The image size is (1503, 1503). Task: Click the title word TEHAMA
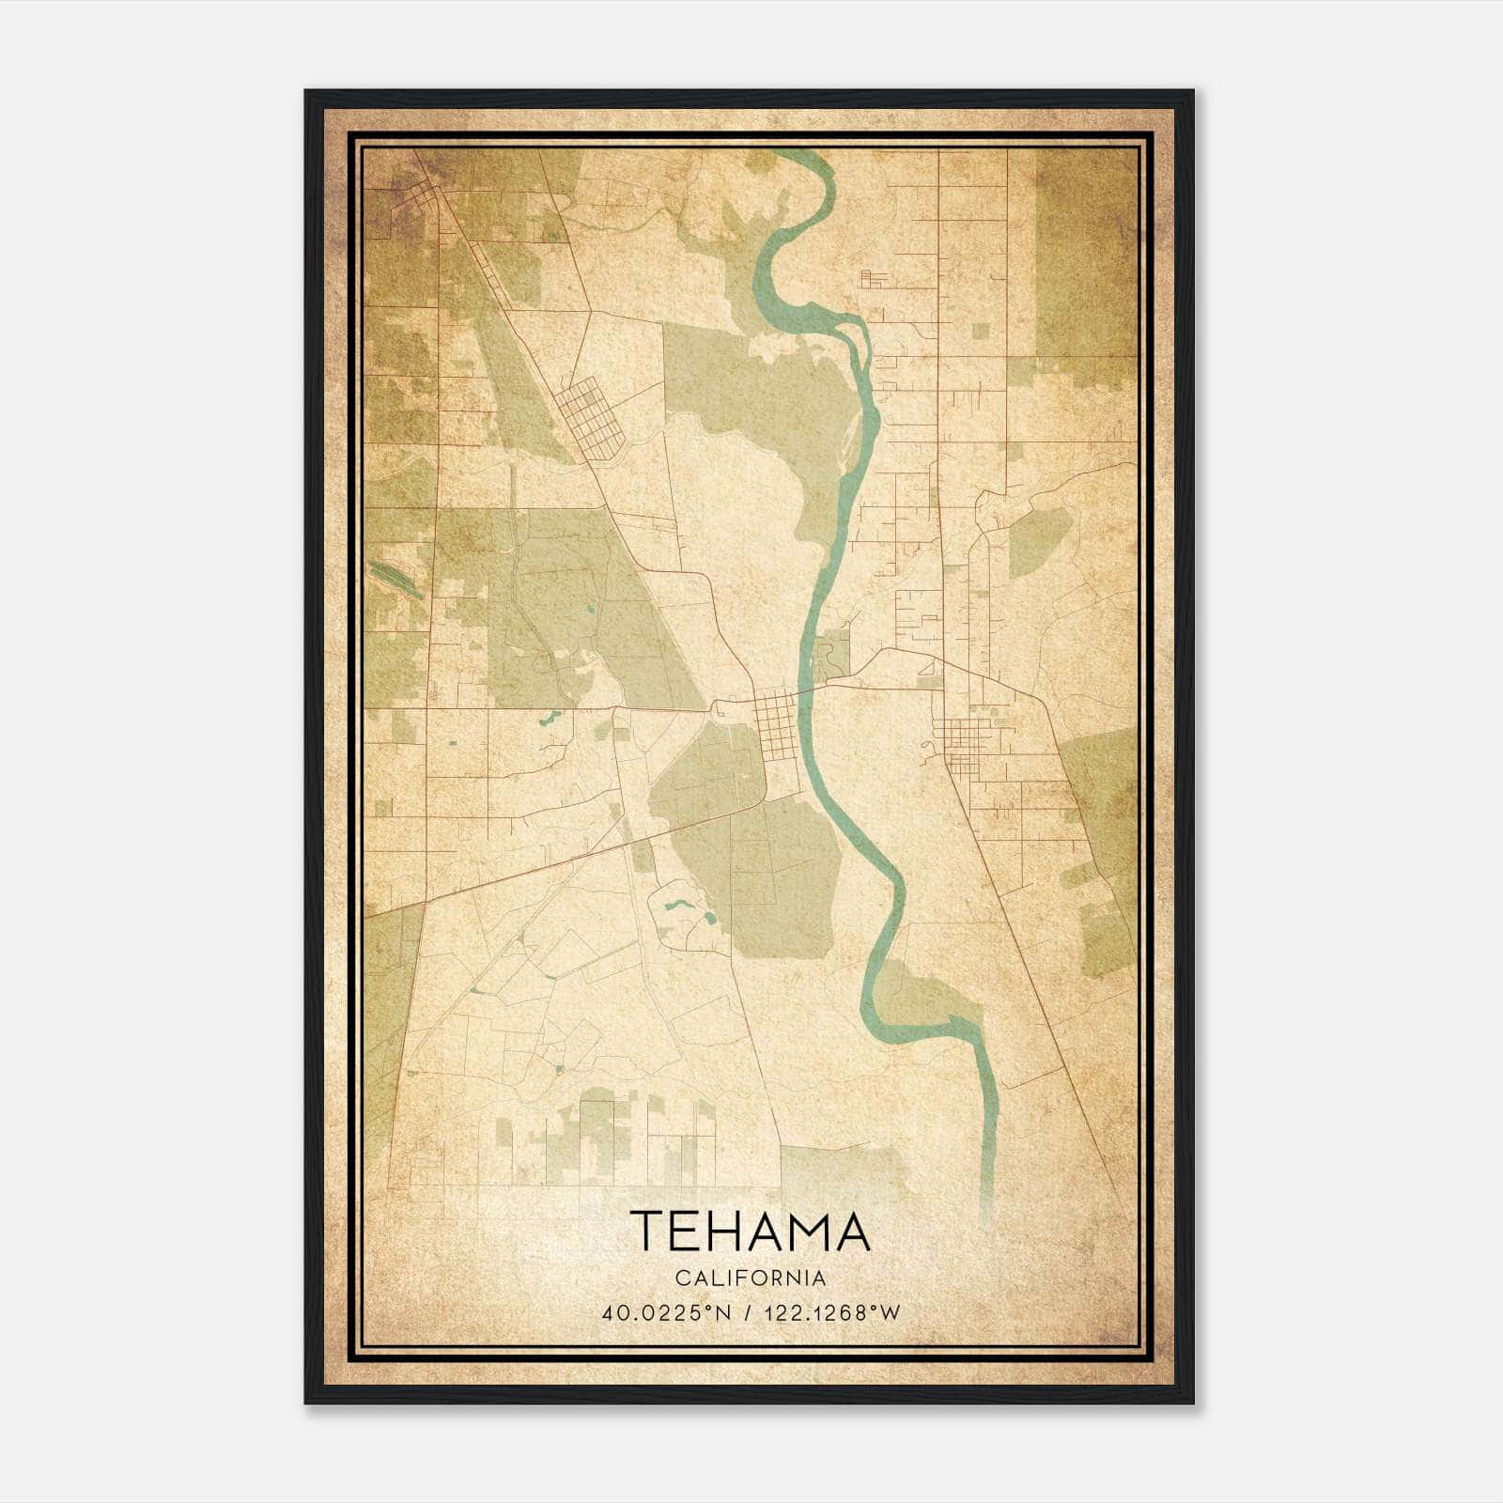pyautogui.click(x=750, y=1232)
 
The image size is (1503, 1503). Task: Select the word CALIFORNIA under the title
pyautogui.click(x=750, y=1278)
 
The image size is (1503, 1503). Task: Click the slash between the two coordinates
pyautogui.click(x=748, y=1313)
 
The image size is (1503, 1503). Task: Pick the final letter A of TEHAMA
pyautogui.click(x=850, y=1232)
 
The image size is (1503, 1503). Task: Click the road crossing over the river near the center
pyautogui.click(x=810, y=690)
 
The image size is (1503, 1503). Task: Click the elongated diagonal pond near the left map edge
pyautogui.click(x=393, y=579)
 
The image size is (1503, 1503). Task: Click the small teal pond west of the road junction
pyautogui.click(x=547, y=721)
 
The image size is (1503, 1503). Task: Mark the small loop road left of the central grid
pyautogui.click(x=721, y=710)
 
